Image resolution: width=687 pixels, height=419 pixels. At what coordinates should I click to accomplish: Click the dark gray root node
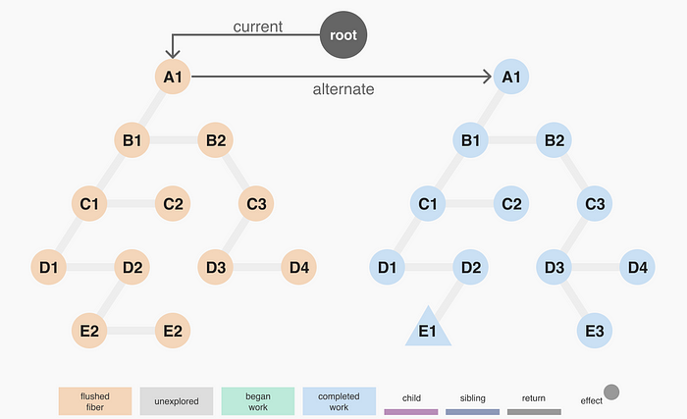pos(343,36)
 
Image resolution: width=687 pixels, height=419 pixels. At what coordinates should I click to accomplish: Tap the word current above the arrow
pos(257,26)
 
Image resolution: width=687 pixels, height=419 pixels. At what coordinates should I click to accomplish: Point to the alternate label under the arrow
pos(343,89)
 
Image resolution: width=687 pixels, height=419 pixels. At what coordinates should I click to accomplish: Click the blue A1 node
pos(511,76)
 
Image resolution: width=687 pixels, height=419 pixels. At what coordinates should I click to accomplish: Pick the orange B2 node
pos(216,140)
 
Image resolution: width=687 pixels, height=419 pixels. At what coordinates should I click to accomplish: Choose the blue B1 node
pos(470,140)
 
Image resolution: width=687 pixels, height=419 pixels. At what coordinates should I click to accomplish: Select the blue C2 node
pos(511,204)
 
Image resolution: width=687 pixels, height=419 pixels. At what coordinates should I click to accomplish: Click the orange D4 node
pos(299,266)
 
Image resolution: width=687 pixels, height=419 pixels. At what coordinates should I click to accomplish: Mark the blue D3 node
pos(554,266)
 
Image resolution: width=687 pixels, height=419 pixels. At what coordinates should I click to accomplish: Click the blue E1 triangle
pos(428,329)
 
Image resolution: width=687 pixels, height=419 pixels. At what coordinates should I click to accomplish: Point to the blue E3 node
pos(594,331)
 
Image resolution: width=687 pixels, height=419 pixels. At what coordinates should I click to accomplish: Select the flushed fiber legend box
pos(95,399)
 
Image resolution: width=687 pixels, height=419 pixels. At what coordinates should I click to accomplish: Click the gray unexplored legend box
pos(177,399)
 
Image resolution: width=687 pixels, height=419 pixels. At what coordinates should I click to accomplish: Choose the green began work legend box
pos(258,399)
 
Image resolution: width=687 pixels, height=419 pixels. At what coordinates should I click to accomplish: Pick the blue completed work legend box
pos(340,399)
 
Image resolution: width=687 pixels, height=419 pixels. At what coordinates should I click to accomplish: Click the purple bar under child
pos(411,412)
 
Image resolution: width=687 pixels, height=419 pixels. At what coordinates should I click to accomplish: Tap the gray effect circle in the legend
pos(610,393)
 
